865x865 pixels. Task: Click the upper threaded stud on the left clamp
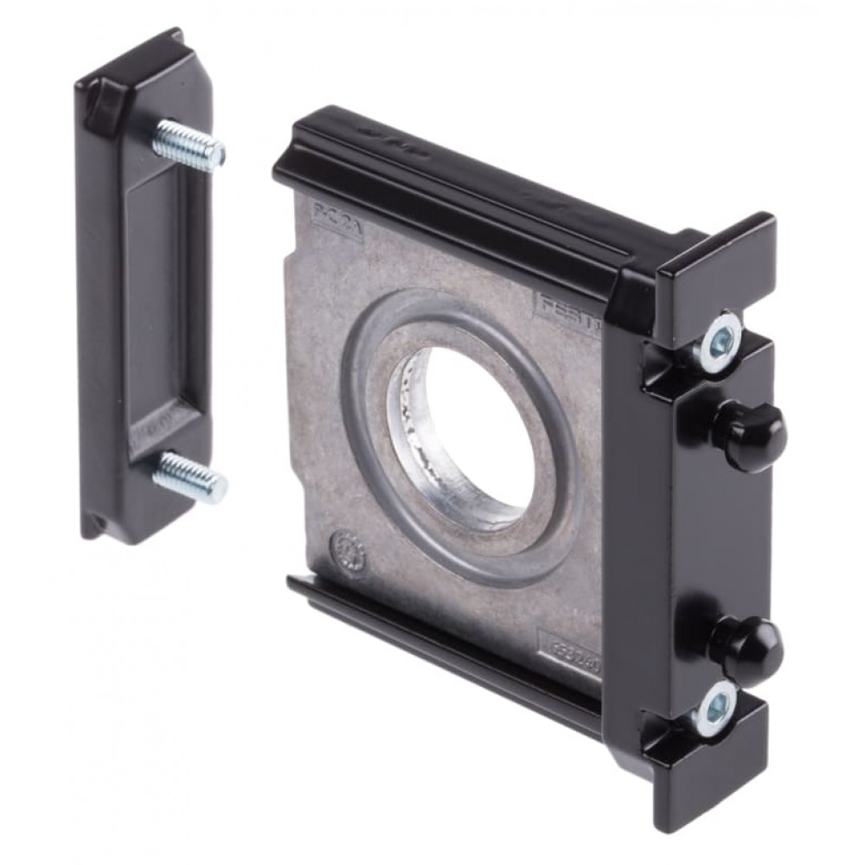(189, 144)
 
